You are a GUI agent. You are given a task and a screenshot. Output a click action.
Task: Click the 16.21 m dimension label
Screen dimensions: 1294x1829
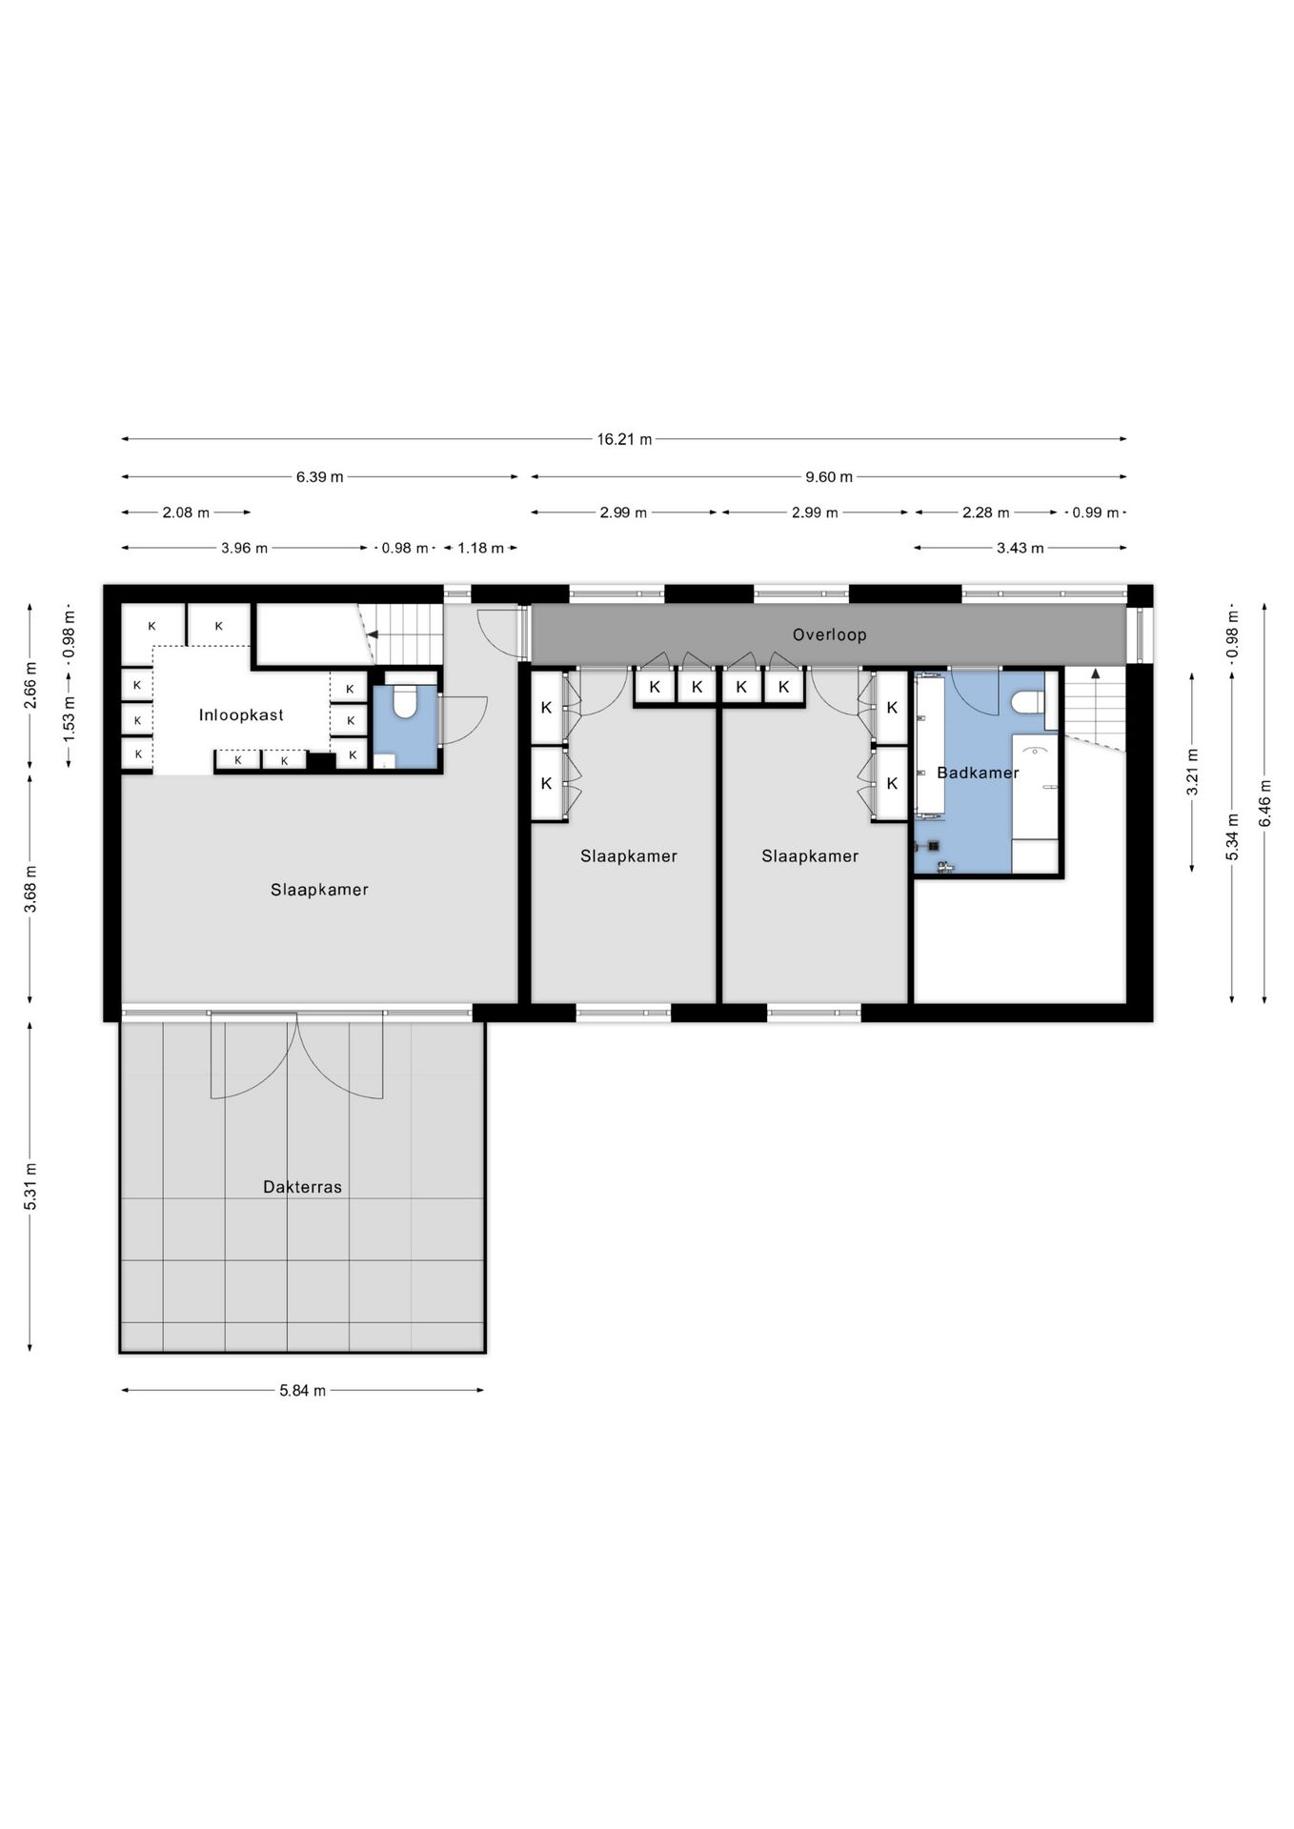(624, 439)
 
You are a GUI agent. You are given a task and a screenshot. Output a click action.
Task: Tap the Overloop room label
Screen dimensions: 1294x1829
(829, 634)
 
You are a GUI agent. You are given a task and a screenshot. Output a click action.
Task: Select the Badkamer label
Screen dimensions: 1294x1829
(978, 773)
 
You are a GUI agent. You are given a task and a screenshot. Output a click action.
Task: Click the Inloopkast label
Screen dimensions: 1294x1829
(241, 714)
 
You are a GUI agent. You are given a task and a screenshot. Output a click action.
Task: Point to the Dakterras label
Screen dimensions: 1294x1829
(302, 1187)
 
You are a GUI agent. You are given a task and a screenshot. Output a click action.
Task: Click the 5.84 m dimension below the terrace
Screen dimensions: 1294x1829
(302, 1391)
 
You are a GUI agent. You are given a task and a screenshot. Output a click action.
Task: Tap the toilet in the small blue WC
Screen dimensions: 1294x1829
(405, 702)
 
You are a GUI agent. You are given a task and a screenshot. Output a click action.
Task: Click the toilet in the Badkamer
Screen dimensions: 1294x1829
(1028, 703)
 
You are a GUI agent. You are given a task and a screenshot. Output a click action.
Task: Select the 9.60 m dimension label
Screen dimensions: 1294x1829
(829, 476)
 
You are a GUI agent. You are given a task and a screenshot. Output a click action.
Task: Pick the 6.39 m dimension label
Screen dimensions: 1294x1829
(319, 476)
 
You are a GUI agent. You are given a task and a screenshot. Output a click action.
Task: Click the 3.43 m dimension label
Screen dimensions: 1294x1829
(1020, 548)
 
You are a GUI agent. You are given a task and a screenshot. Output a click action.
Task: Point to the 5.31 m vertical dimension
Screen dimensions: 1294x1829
(30, 1187)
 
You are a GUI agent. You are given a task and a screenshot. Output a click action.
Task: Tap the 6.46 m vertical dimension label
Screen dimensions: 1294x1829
(1264, 803)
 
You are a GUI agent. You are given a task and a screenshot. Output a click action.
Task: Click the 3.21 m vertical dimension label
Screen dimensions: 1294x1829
(1192, 773)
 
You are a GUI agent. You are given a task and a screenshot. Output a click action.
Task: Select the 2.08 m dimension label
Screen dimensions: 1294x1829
(186, 513)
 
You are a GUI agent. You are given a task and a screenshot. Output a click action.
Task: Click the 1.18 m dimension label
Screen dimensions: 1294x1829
(480, 548)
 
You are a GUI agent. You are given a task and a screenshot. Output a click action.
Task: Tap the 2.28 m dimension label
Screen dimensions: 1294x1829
(985, 513)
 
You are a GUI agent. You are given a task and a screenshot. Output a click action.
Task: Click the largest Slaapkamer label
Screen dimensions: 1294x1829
(319, 890)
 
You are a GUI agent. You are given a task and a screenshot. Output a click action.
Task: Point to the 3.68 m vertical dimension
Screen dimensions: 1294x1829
(30, 889)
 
